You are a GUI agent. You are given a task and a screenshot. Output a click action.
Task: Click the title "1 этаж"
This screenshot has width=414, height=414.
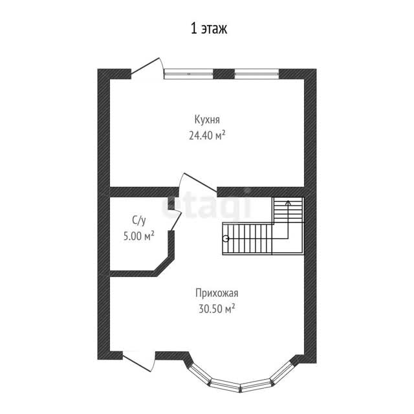click(208, 28)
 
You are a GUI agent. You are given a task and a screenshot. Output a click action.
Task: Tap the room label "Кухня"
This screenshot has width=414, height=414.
click(207, 120)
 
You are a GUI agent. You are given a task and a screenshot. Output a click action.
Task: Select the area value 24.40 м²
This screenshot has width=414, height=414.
click(207, 135)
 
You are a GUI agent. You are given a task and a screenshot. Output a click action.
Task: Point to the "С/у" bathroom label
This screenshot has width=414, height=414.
click(138, 221)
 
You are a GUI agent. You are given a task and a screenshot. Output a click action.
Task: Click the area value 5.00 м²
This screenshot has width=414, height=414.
click(139, 235)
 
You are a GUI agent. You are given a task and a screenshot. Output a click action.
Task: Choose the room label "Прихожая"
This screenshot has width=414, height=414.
click(217, 293)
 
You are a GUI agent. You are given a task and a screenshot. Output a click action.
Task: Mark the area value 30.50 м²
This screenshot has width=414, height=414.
click(217, 309)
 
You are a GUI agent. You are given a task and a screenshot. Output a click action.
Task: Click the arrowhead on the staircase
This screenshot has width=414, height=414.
click(288, 202)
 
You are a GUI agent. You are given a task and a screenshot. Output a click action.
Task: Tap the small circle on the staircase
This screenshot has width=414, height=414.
click(226, 239)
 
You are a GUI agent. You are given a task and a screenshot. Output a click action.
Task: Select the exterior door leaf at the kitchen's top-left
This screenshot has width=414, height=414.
click(145, 65)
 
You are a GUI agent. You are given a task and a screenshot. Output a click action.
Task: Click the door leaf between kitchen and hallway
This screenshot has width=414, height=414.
click(200, 182)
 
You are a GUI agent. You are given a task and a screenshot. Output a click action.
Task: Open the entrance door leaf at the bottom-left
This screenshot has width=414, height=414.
click(137, 362)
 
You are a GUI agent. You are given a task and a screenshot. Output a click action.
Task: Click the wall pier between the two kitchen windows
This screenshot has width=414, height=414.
click(224, 74)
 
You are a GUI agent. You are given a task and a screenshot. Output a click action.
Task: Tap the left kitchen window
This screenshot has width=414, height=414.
click(188, 74)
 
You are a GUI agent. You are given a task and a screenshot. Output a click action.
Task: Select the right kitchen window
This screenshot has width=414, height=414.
click(257, 74)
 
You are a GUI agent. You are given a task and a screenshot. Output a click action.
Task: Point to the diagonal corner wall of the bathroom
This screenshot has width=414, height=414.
click(164, 266)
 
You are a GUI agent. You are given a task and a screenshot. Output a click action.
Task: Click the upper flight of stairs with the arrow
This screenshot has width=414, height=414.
click(289, 210)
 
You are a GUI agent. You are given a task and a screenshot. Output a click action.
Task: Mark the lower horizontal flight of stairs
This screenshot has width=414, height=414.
click(247, 239)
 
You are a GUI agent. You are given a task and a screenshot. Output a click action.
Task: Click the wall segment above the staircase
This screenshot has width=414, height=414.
click(261, 192)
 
